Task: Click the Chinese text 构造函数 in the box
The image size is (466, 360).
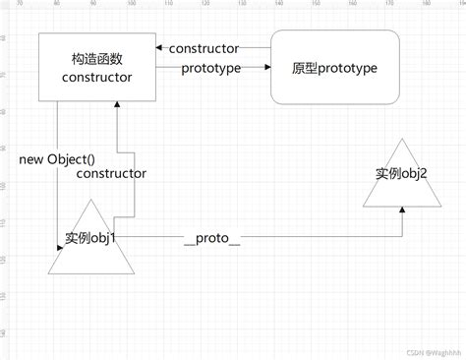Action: click(x=96, y=58)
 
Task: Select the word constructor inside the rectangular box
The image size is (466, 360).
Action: click(x=96, y=76)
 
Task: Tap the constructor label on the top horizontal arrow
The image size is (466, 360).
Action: click(x=204, y=48)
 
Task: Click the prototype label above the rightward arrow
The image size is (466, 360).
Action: click(x=212, y=68)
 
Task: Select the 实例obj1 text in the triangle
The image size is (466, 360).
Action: click(x=90, y=237)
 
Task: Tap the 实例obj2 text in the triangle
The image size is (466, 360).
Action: click(x=401, y=174)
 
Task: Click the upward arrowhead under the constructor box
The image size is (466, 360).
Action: click(x=117, y=105)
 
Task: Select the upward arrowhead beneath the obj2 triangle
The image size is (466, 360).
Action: click(x=401, y=210)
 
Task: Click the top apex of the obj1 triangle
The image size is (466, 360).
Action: click(x=91, y=198)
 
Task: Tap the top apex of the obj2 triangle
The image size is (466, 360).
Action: click(x=401, y=138)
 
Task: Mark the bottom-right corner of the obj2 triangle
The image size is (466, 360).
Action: click(x=439, y=207)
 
